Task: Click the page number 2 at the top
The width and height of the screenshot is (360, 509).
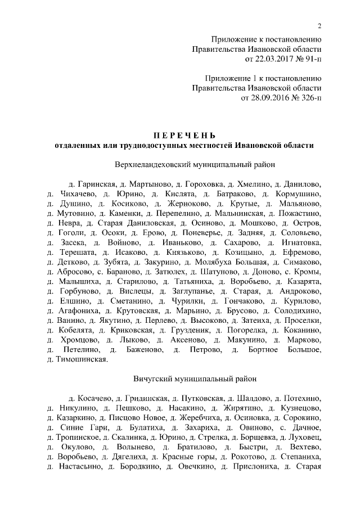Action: pyautogui.click(x=319, y=26)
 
